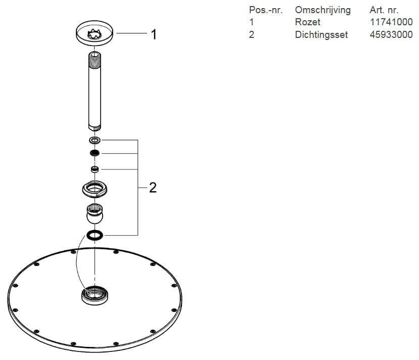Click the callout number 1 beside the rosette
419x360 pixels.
click(153, 34)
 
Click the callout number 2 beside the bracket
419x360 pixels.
click(153, 188)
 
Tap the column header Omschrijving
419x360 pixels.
click(322, 10)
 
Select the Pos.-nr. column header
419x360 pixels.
click(265, 10)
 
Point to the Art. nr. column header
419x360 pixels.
click(384, 10)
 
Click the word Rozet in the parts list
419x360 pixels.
click(307, 22)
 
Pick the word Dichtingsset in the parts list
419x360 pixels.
click(321, 35)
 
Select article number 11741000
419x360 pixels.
click(391, 22)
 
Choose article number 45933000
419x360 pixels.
click(391, 35)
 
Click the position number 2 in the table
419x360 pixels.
click(252, 35)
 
